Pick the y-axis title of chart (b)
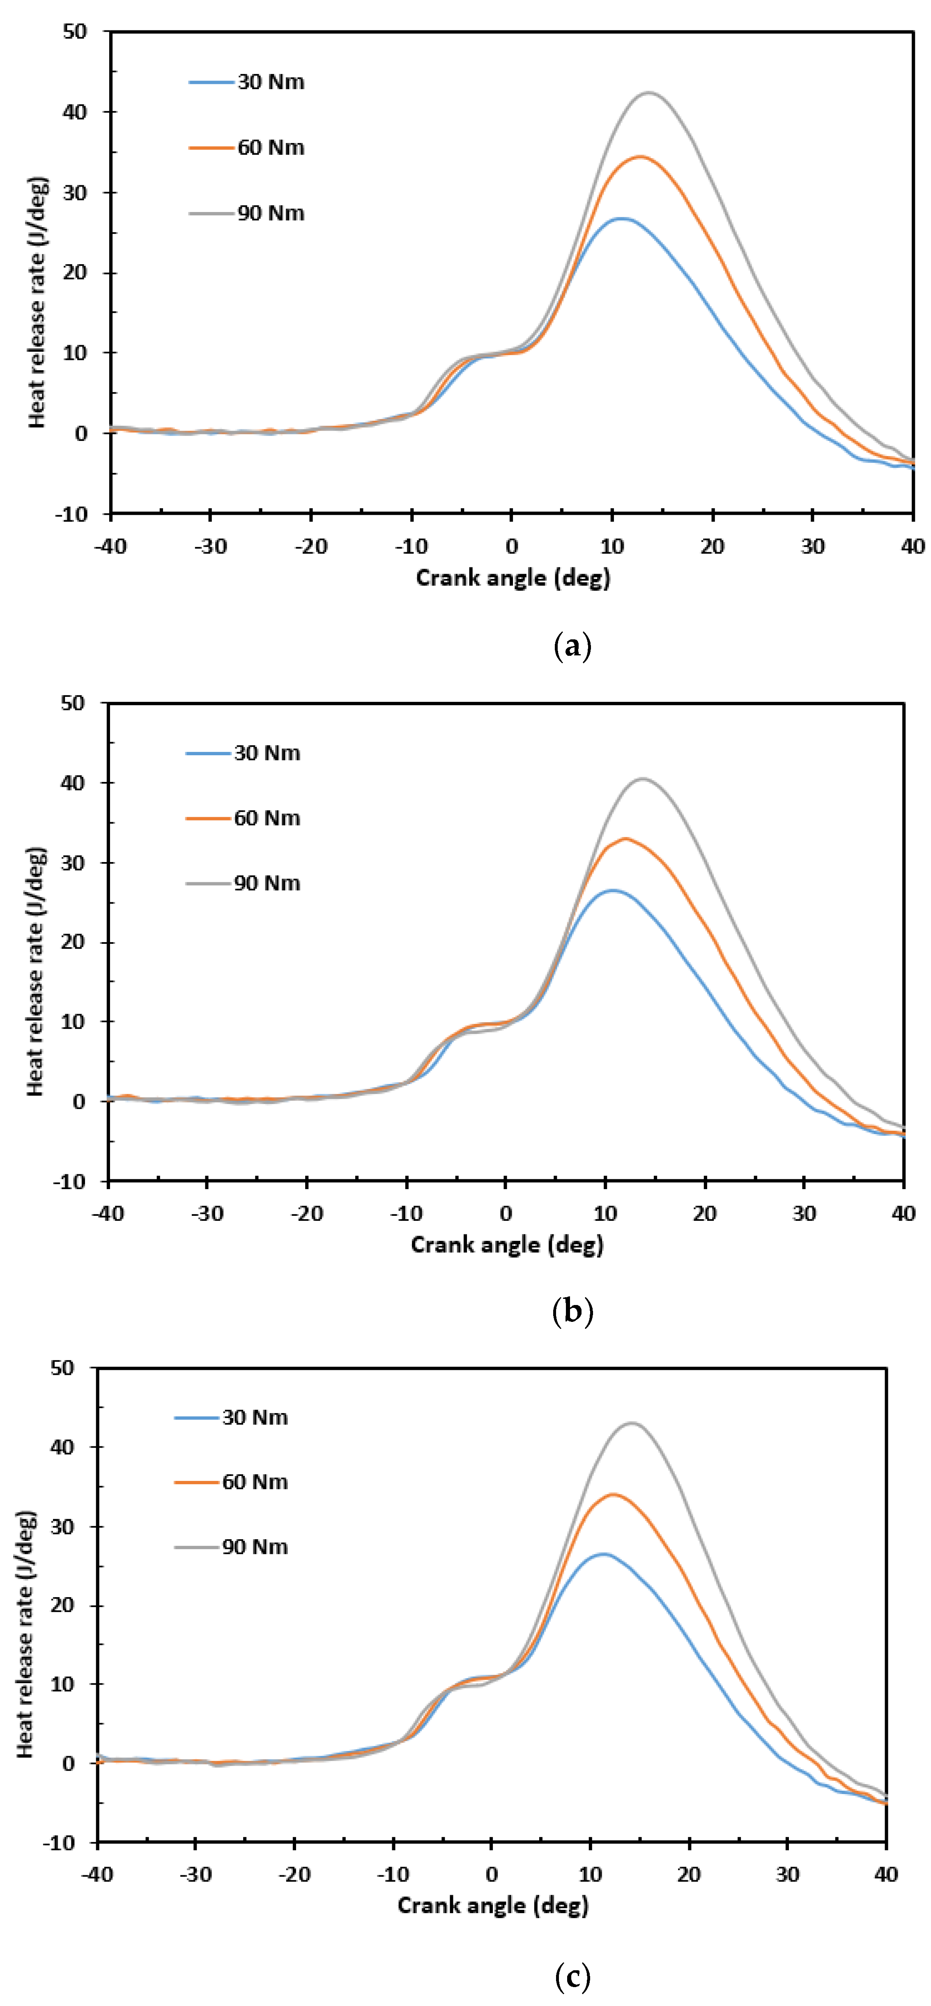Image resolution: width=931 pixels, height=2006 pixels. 35,972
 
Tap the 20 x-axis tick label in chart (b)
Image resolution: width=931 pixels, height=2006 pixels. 704,1213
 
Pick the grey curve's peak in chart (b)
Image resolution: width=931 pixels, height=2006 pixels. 642,778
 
